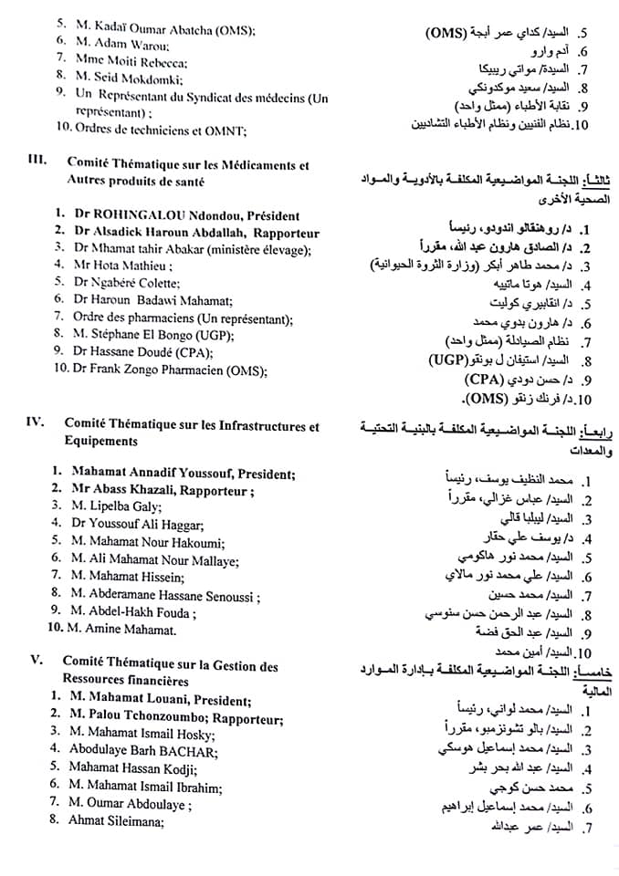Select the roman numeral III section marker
coord(38,161)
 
